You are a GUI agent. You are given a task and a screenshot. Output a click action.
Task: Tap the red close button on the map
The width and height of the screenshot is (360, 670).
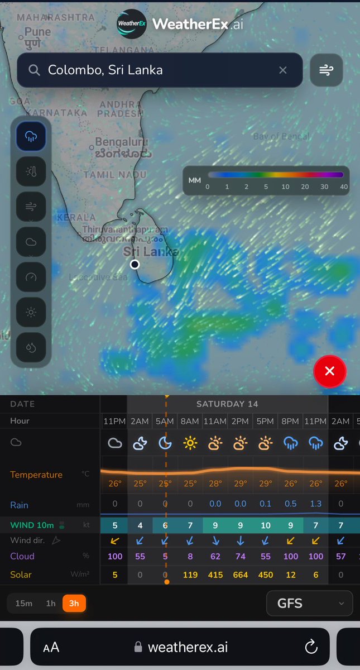330,371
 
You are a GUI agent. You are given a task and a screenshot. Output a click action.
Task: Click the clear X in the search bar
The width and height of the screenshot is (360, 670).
283,70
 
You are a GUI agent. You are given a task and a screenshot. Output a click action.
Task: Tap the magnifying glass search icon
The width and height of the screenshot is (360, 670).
34,70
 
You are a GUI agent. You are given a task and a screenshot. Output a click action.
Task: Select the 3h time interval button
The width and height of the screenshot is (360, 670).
74,603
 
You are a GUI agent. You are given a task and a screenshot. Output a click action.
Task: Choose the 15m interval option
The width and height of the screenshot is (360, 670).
24,603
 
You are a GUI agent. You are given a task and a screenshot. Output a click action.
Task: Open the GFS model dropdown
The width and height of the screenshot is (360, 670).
309,603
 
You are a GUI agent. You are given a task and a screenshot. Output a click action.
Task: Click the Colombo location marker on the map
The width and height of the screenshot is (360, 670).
135,264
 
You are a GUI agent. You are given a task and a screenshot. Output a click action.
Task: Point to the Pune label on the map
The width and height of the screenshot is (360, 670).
37,32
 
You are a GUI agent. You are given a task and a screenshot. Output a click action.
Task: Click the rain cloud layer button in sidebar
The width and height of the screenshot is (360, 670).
31,136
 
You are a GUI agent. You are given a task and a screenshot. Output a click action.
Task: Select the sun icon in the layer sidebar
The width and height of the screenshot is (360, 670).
31,312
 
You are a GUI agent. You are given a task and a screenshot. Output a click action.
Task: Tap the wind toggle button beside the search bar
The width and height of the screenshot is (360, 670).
326,70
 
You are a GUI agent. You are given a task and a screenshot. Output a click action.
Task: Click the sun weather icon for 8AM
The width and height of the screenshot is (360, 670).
190,443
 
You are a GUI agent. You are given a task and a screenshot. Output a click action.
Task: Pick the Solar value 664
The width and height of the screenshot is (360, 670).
240,575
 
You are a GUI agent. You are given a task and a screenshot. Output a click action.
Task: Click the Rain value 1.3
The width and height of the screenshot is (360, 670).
315,504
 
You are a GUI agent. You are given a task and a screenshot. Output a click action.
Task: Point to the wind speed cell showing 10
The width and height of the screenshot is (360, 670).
265,525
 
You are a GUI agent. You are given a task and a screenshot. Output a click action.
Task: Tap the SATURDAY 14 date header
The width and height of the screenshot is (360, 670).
227,404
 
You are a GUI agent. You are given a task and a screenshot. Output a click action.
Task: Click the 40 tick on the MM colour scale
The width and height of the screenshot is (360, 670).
343,186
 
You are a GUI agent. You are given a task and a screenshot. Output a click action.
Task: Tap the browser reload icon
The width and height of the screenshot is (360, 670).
311,647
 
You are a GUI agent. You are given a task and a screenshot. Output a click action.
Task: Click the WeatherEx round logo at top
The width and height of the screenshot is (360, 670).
131,24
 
